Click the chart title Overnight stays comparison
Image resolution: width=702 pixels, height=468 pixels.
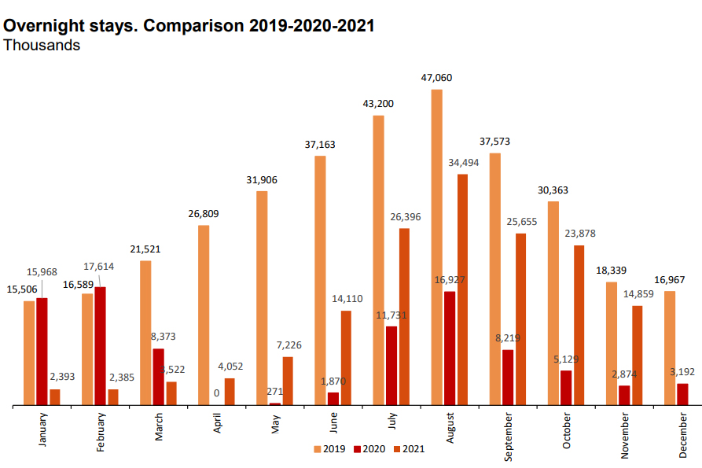click(x=189, y=25)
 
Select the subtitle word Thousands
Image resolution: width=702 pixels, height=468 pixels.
click(x=42, y=46)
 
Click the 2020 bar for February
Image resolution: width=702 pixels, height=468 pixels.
click(x=100, y=346)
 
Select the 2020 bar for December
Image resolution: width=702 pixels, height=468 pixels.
click(x=682, y=394)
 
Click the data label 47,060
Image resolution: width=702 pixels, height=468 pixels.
click(x=436, y=78)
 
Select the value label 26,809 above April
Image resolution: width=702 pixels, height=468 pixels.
click(x=204, y=214)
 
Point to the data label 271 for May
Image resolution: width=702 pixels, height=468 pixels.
click(x=275, y=391)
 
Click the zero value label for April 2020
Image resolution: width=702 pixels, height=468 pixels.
click(x=216, y=393)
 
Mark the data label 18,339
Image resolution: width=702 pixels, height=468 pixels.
click(x=612, y=270)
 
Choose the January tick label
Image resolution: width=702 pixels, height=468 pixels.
click(x=43, y=431)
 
